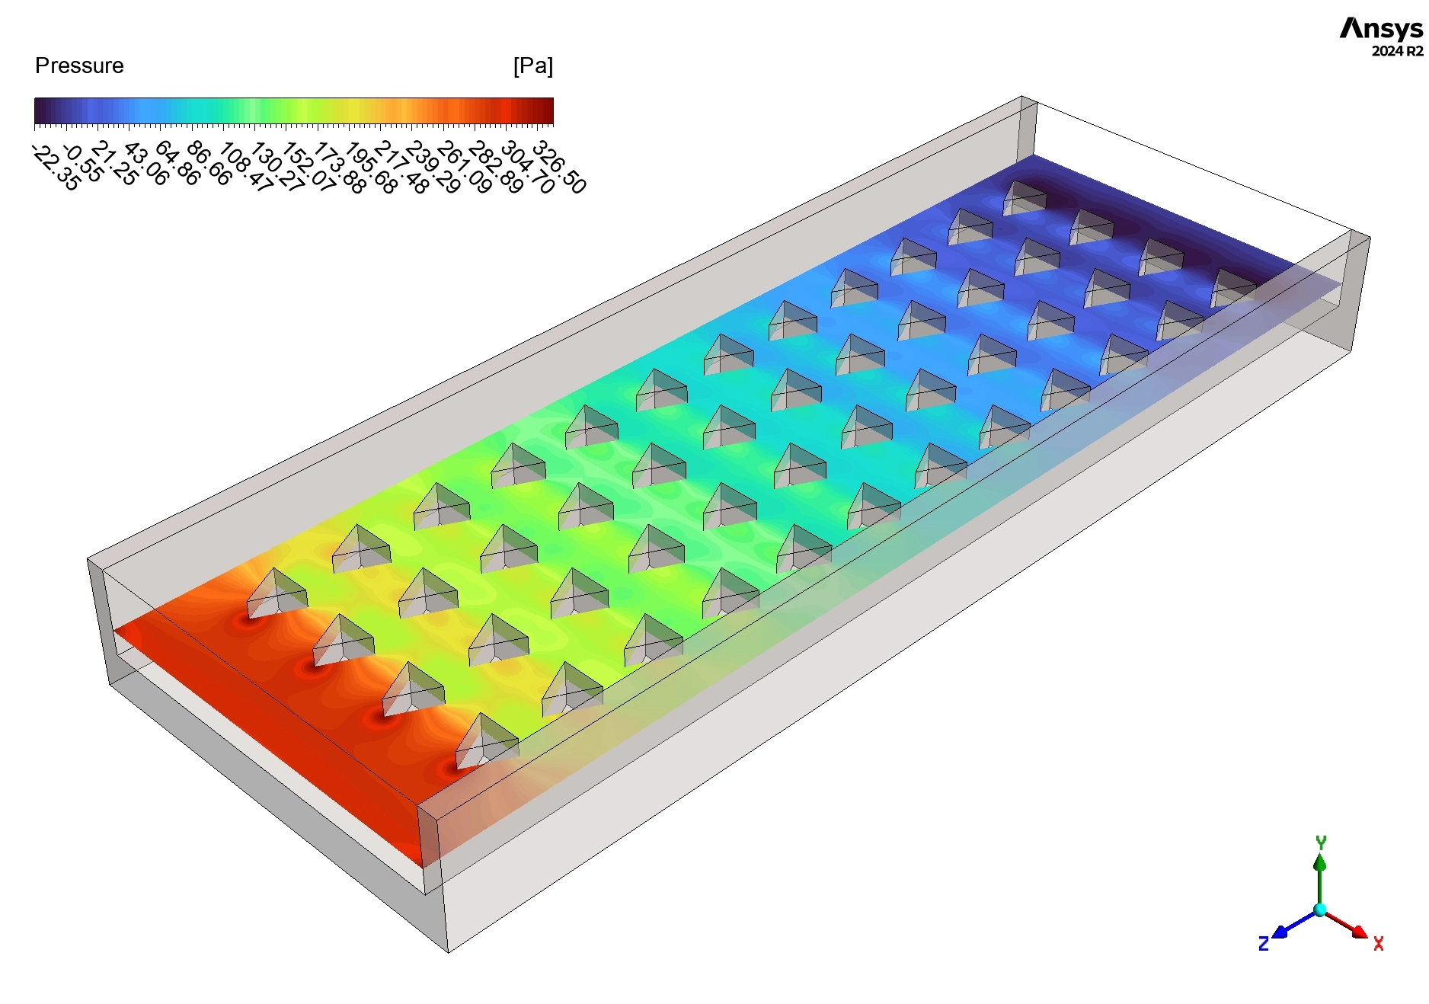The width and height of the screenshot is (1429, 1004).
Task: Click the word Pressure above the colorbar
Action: click(x=79, y=66)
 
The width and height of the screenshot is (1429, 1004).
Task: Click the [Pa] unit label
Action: click(x=532, y=66)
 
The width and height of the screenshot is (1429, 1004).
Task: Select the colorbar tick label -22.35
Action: click(x=56, y=168)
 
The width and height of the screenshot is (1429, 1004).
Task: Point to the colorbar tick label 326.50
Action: click(x=559, y=167)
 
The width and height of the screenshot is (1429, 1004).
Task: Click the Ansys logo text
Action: click(x=1380, y=29)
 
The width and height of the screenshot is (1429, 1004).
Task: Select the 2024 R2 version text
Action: click(x=1397, y=52)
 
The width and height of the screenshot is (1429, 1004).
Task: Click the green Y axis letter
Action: click(x=1321, y=842)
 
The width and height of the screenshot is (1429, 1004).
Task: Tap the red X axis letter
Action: click(x=1378, y=945)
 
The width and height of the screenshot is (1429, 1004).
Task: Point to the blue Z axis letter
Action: click(x=1263, y=945)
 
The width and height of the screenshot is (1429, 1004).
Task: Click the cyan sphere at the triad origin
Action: click(x=1320, y=910)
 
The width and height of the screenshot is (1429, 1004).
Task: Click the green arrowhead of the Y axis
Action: click(x=1320, y=862)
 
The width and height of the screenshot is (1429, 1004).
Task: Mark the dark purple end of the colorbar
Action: click(x=41, y=111)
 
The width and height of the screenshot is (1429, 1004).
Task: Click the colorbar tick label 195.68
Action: click(x=370, y=168)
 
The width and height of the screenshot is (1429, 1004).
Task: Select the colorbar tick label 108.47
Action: click(x=245, y=168)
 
